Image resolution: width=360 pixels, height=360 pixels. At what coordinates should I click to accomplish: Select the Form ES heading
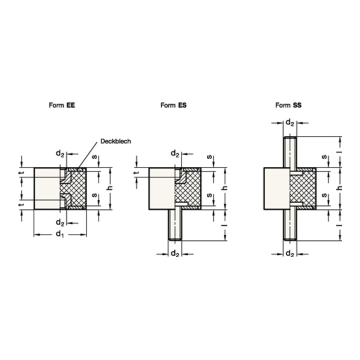[x=173, y=105]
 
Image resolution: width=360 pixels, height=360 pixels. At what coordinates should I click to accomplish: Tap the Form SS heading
[x=288, y=105]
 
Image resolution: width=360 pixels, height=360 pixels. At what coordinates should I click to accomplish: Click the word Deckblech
[x=115, y=141]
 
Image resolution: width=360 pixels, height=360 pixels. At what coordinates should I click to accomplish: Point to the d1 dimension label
[x=60, y=234]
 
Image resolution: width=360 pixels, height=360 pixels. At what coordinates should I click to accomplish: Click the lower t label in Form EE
[x=21, y=206]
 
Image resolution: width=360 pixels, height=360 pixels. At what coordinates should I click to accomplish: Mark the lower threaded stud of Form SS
[x=289, y=225]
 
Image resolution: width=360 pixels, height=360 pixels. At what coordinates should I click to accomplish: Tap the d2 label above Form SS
[x=289, y=121]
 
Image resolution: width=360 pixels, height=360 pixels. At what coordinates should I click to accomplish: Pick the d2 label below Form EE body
[x=59, y=222]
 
